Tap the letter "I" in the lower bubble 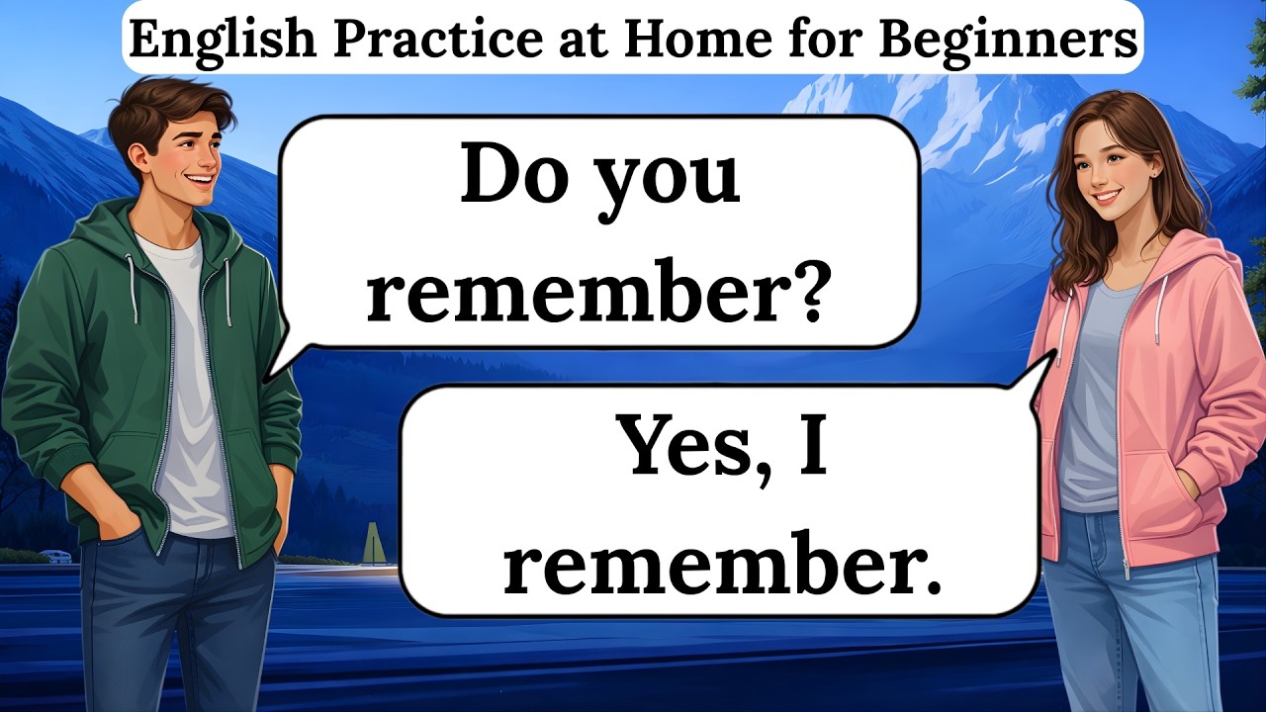pos(812,446)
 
